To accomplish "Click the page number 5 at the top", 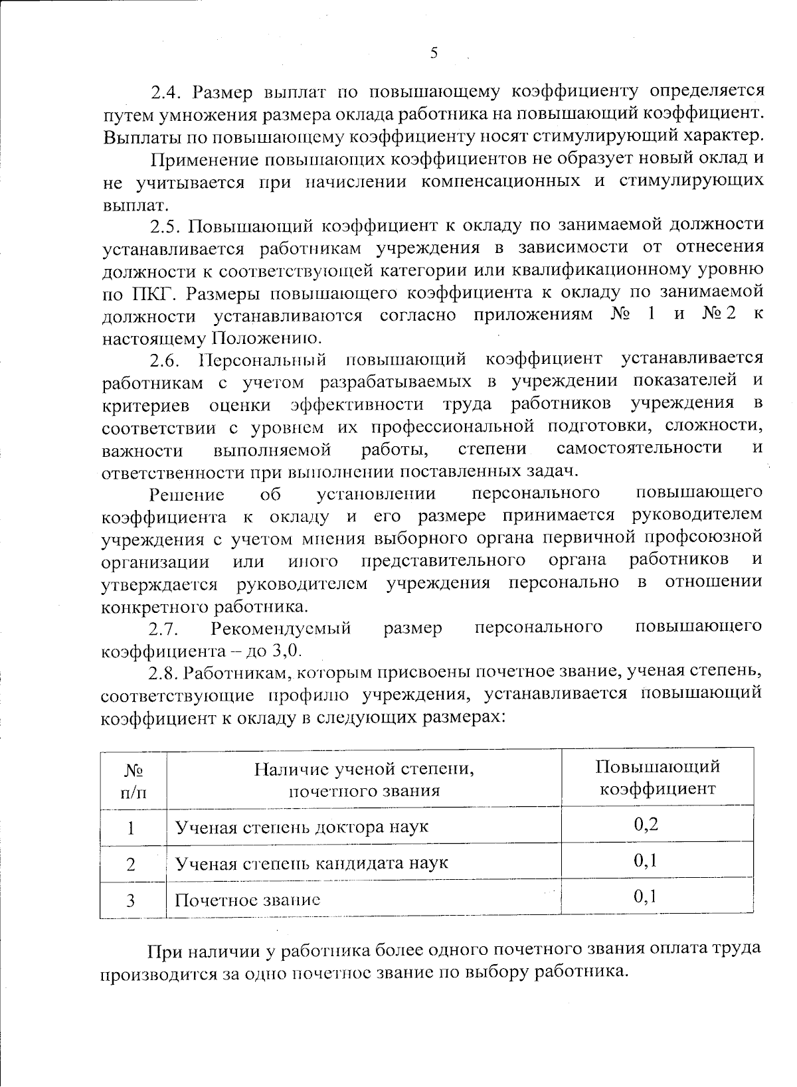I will pos(434,52).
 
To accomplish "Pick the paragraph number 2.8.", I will pos(164,673).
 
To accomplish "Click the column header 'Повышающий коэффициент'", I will pos(657,778).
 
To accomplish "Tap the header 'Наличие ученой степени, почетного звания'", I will pos(364,780).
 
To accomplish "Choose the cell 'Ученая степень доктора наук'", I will pos(301,827).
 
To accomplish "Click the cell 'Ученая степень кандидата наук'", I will pos(311,863).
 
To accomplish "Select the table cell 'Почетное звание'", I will pos(247,900).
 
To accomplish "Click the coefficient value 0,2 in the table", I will pos(646,825).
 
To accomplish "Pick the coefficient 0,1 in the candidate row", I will pos(646,861).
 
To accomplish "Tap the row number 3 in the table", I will pos(132,900).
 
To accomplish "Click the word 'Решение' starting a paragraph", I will pos(187,495).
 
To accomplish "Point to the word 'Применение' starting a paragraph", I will pos(203,159).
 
